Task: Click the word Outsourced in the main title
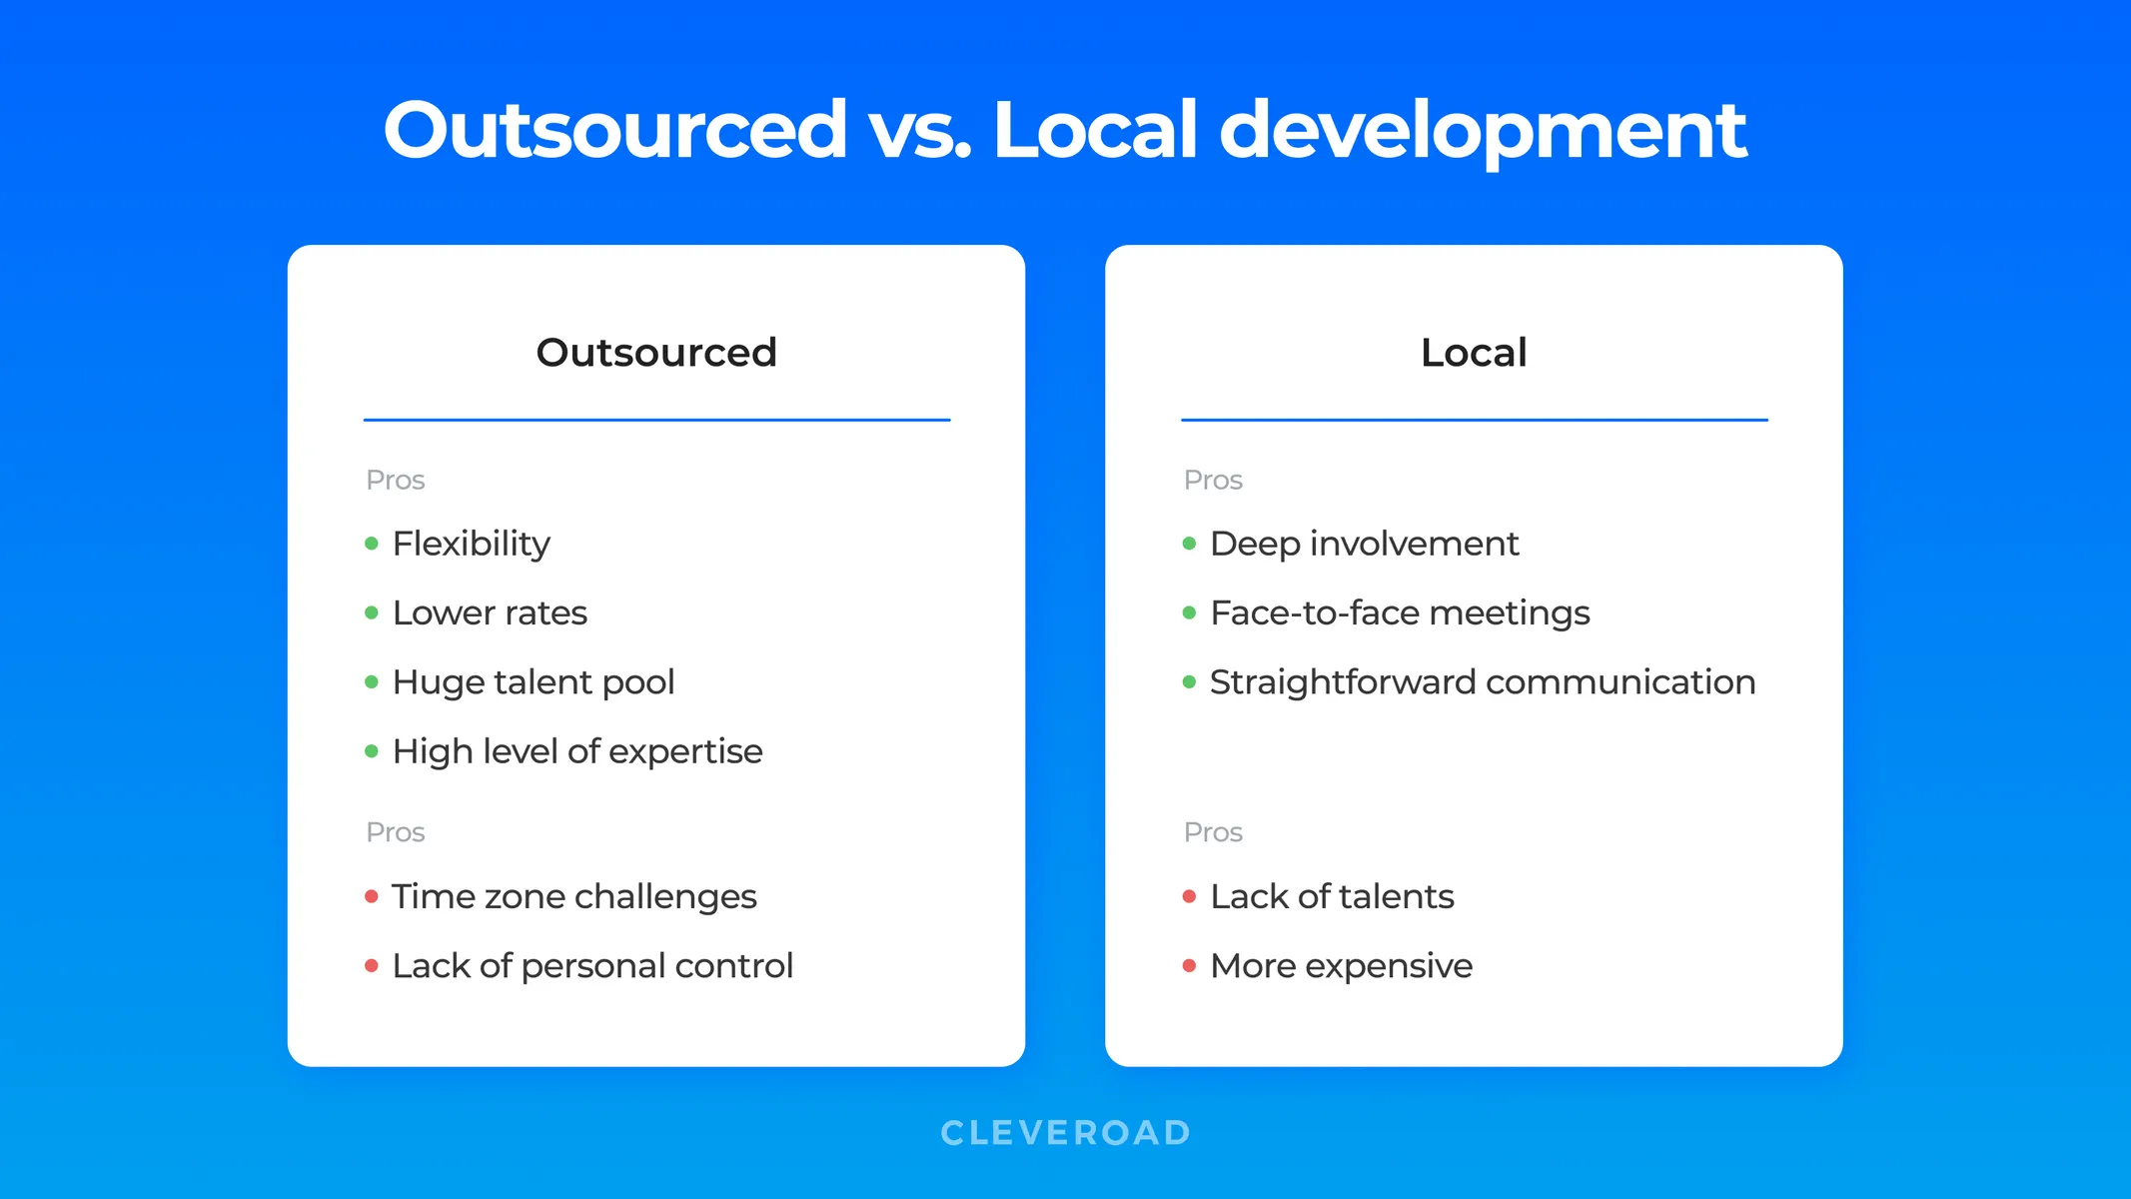(615, 129)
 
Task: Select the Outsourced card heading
(656, 353)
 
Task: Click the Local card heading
(1474, 353)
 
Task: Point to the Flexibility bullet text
(471, 545)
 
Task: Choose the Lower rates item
(490, 612)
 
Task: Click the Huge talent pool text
(533, 682)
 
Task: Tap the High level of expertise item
(577, 751)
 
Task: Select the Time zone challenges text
(574, 897)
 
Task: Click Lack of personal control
(592, 966)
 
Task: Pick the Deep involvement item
(1364, 545)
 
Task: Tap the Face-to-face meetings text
(1400, 613)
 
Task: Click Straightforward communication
(1483, 682)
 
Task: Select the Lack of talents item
(1332, 896)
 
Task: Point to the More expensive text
(1341, 966)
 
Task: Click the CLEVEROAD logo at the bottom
(1066, 1132)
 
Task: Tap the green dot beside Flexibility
(372, 544)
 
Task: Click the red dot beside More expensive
(1189, 965)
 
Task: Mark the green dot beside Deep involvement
(1189, 544)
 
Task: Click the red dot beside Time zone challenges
(372, 896)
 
